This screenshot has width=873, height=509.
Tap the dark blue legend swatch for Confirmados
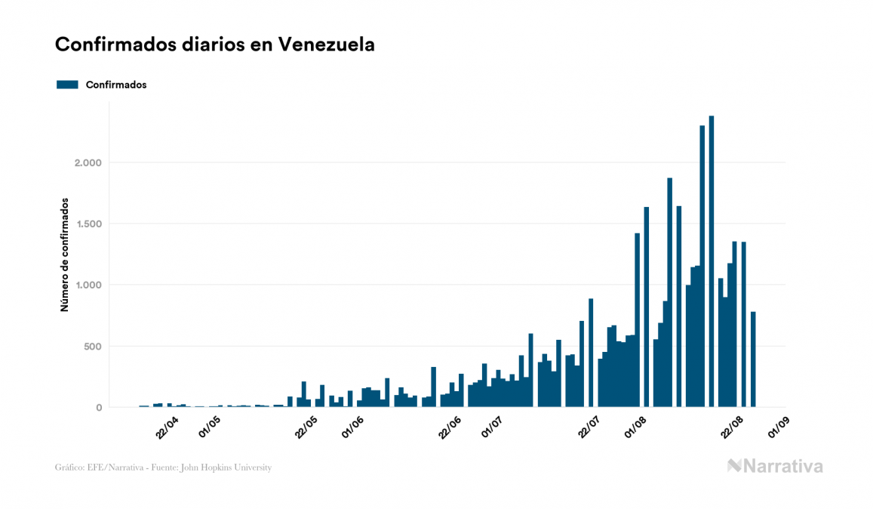pyautogui.click(x=67, y=85)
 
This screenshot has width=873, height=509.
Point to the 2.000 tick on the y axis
pyautogui.click(x=88, y=163)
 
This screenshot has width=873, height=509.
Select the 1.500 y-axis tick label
pyautogui.click(x=88, y=224)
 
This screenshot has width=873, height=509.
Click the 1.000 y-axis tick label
pyautogui.click(x=88, y=285)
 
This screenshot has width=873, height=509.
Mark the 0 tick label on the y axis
pyautogui.click(x=99, y=408)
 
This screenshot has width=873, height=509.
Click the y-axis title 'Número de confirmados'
pyautogui.click(x=65, y=255)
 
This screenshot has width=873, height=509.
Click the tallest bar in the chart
pyautogui.click(x=712, y=264)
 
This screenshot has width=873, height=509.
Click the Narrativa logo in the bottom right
pyautogui.click(x=775, y=466)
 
